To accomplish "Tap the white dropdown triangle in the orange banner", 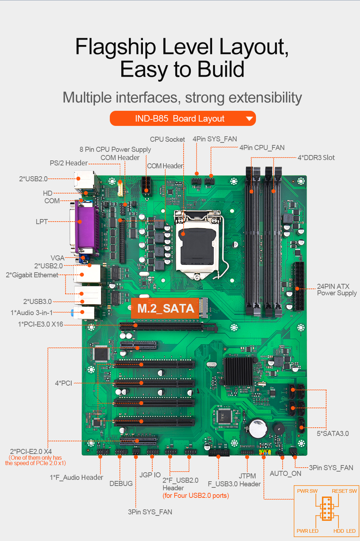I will click(249, 119).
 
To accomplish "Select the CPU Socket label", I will click(167, 139).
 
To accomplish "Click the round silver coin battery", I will click(257, 428).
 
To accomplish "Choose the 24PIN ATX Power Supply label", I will click(337, 290).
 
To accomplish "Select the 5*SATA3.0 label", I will click(333, 433).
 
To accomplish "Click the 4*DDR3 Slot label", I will click(316, 158).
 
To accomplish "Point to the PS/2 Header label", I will click(68, 163).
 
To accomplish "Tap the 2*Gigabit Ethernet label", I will click(32, 275).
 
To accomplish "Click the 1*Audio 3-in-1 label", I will click(32, 313).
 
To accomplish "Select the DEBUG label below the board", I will click(121, 483).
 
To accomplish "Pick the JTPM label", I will click(247, 476).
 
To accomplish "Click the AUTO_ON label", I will click(285, 473).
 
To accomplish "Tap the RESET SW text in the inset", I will click(344, 491).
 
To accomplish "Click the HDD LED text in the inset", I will click(344, 531).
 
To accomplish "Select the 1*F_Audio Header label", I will click(76, 477).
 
